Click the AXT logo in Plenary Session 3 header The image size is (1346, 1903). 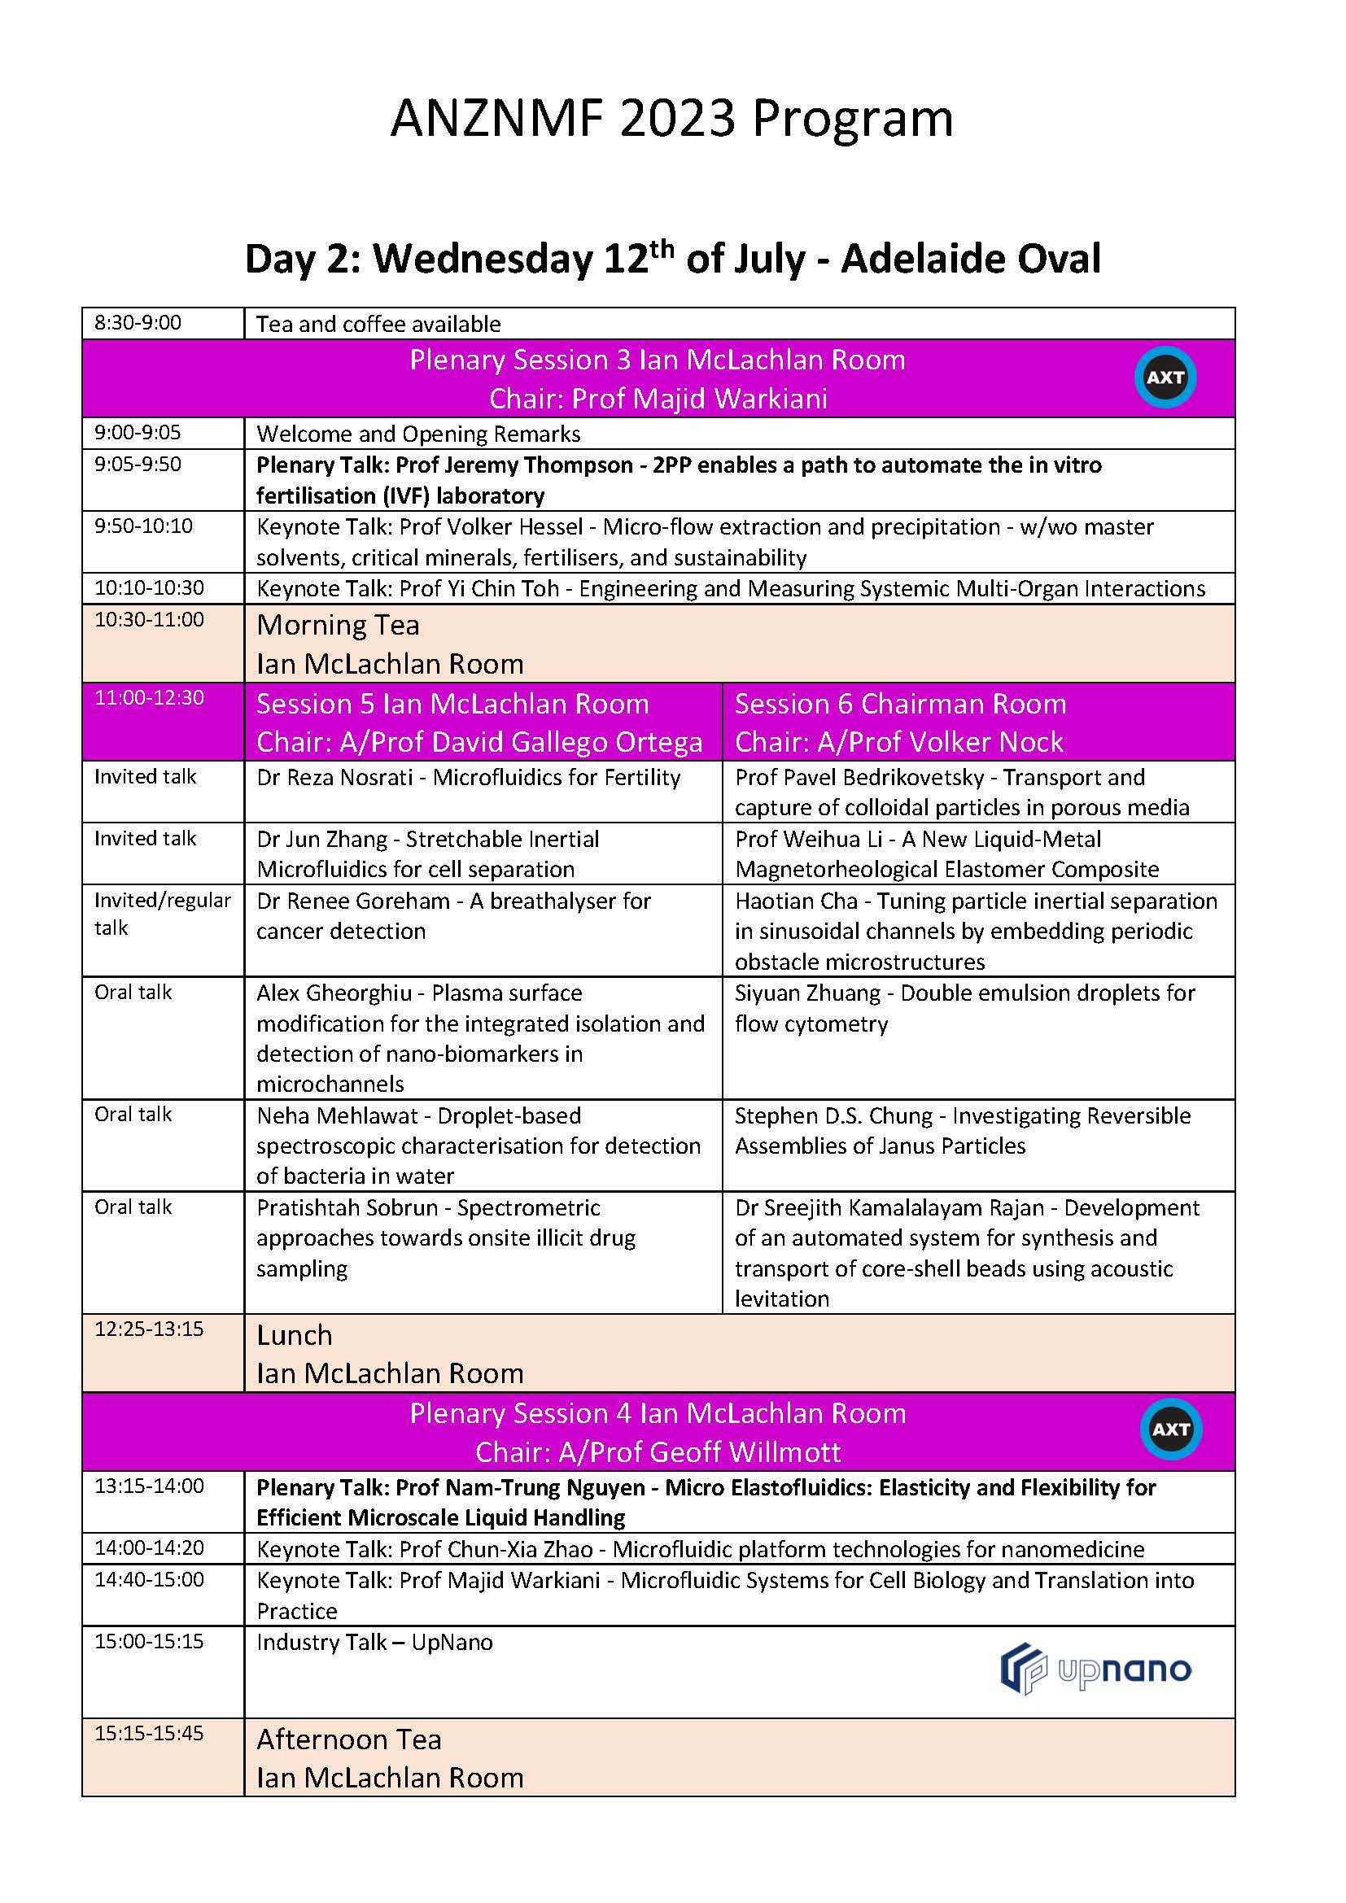(1165, 378)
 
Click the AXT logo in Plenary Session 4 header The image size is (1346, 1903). (1170, 1429)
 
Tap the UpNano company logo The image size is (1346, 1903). (1095, 1669)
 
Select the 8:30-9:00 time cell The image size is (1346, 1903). (138, 322)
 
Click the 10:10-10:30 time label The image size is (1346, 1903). (149, 587)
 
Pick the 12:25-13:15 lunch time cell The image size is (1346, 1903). (149, 1329)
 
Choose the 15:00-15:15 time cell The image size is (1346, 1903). (149, 1641)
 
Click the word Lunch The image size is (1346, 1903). (295, 1335)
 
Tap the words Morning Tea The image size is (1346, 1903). (339, 625)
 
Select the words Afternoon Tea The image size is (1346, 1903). (349, 1739)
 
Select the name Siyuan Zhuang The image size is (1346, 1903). (807, 993)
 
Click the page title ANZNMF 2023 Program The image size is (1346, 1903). (672, 119)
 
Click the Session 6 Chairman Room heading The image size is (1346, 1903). (900, 704)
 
